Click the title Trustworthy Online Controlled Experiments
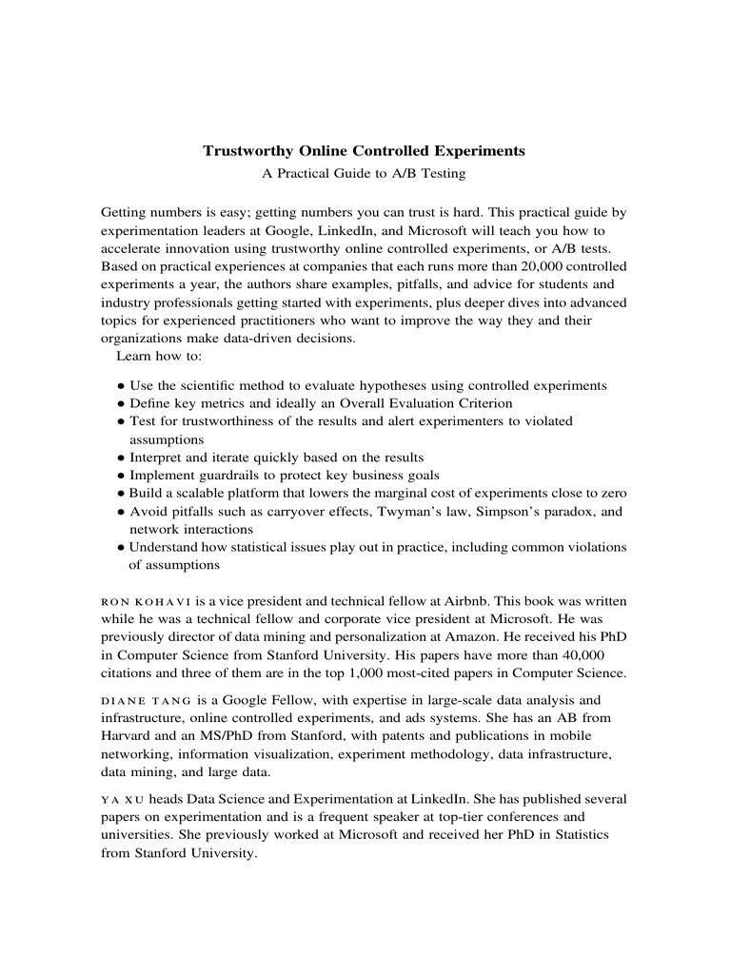pos(365,151)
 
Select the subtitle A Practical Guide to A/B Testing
pos(365,173)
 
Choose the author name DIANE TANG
pos(141,700)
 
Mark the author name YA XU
pos(121,799)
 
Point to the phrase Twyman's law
pos(418,512)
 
